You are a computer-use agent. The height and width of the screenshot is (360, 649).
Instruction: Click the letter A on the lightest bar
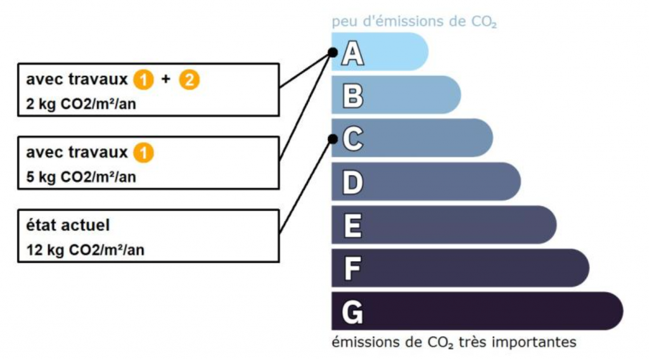(x=352, y=54)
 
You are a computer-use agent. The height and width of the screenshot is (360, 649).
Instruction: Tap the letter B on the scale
(x=352, y=96)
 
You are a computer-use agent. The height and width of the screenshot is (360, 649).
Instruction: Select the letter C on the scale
(x=352, y=139)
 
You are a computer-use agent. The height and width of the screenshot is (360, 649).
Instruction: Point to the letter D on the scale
(x=352, y=182)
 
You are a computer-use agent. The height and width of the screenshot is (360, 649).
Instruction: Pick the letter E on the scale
(x=352, y=226)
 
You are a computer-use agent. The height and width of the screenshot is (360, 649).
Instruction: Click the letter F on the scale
(x=352, y=269)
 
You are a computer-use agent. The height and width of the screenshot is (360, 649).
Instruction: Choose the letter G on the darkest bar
(x=352, y=312)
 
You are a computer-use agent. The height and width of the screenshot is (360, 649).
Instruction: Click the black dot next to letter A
(x=333, y=53)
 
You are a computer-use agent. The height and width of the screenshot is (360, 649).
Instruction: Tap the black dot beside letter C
(x=333, y=139)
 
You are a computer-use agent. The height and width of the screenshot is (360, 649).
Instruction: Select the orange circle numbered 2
(x=189, y=80)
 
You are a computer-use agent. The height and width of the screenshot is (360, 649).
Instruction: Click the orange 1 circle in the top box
(x=143, y=80)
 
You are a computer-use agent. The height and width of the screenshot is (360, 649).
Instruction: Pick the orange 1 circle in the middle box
(x=143, y=153)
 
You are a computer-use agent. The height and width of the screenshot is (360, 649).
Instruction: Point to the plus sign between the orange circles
(x=166, y=79)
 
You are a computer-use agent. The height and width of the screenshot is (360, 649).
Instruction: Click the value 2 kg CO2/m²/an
(x=81, y=104)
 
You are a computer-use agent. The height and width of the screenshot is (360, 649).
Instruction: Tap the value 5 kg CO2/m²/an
(x=81, y=177)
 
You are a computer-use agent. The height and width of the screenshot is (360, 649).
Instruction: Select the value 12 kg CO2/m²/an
(x=86, y=250)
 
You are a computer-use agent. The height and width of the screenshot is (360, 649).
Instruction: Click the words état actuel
(x=68, y=226)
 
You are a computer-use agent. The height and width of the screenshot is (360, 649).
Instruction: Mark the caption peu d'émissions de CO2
(x=414, y=22)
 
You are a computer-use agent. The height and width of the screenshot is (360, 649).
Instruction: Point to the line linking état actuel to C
(x=306, y=186)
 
